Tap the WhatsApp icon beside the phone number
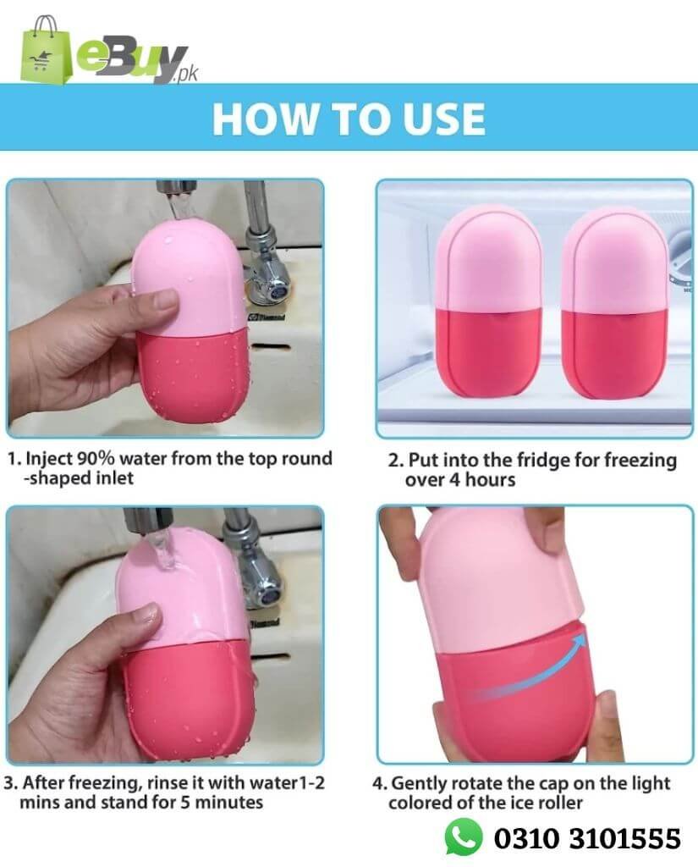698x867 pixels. click(464, 837)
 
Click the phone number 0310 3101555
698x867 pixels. click(587, 838)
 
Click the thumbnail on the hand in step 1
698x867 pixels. click(165, 301)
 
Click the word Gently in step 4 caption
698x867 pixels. click(419, 784)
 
